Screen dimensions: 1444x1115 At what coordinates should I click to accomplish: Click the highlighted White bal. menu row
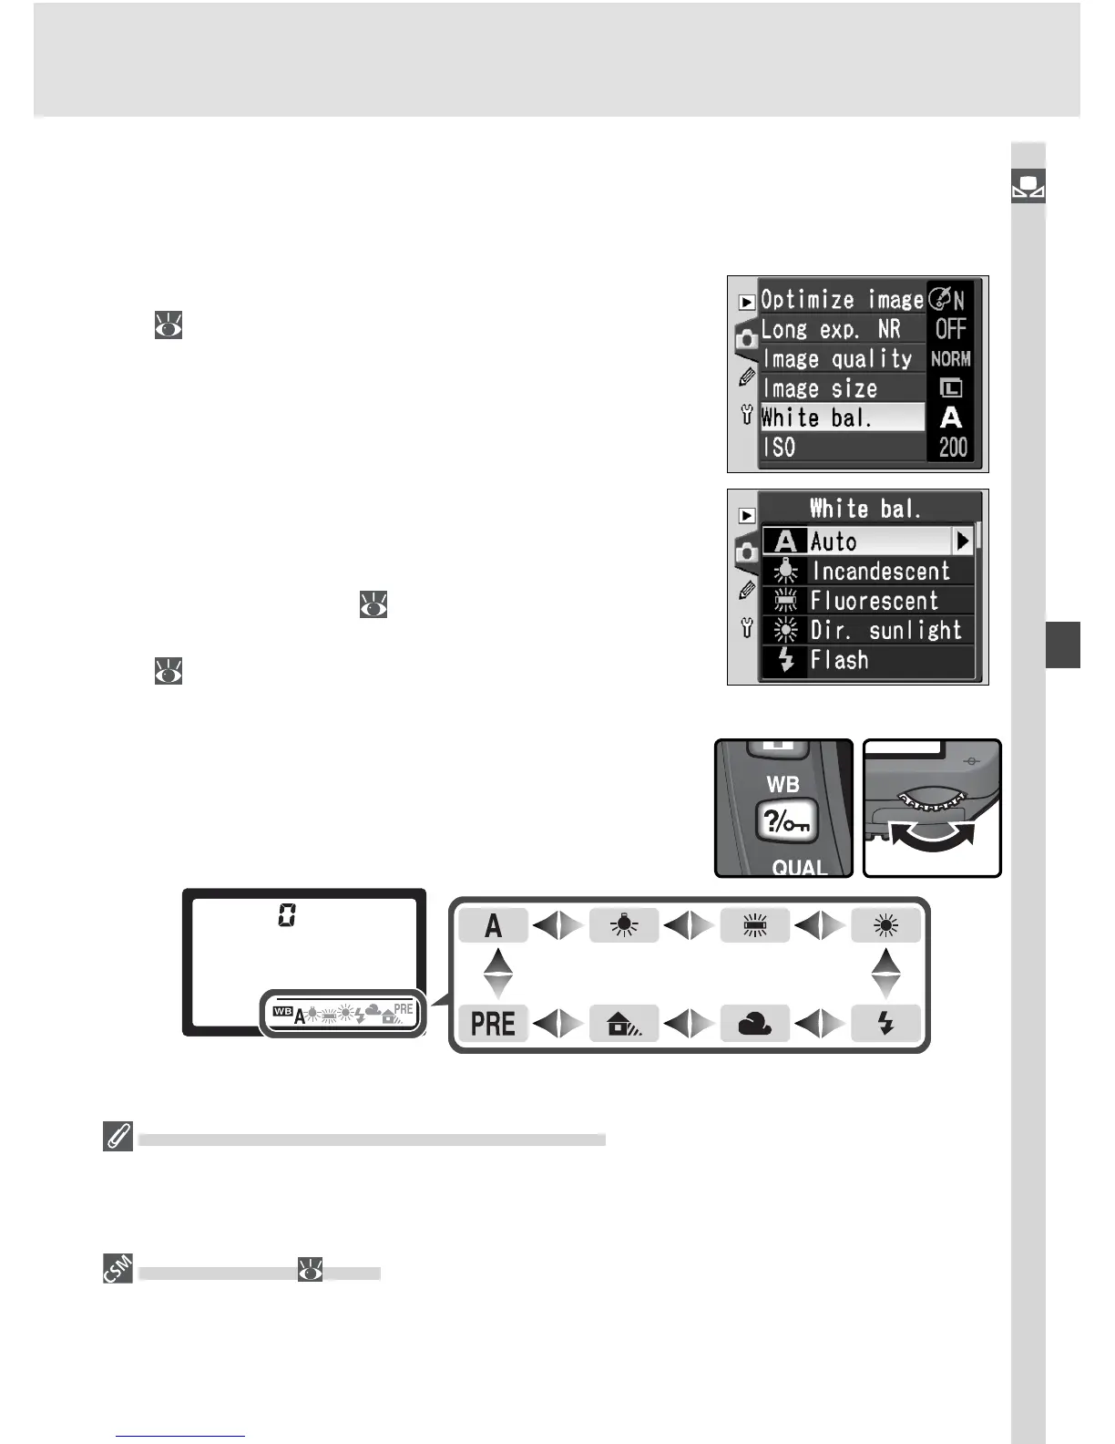pos(842,418)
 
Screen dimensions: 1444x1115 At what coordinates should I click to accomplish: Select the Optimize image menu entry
pos(842,300)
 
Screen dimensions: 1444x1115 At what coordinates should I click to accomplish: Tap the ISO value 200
pos(953,448)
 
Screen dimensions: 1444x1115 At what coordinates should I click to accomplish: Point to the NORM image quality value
pos(951,359)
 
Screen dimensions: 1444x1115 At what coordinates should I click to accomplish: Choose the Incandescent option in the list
pos(880,572)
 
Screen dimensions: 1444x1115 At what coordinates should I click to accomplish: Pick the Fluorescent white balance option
pos(874,601)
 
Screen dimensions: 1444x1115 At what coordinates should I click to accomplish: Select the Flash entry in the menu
pos(839,660)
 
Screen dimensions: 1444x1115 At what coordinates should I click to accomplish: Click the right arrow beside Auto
pos(963,541)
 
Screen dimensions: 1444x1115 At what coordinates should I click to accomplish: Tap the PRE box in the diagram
pos(493,1023)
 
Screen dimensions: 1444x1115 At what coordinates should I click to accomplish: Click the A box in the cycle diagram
pos(493,926)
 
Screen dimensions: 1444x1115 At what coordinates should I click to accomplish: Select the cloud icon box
pos(755,1023)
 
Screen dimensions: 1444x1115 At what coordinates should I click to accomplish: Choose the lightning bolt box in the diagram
pos(885,1023)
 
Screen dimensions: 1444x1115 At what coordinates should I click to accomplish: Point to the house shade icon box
pos(624,1023)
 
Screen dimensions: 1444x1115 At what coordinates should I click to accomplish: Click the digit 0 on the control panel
pos(287,915)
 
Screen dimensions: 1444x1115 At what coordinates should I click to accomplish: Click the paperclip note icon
pos(118,1138)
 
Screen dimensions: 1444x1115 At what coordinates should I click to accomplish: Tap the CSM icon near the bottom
pos(118,1269)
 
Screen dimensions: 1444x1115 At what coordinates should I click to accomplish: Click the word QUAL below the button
pos(799,867)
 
